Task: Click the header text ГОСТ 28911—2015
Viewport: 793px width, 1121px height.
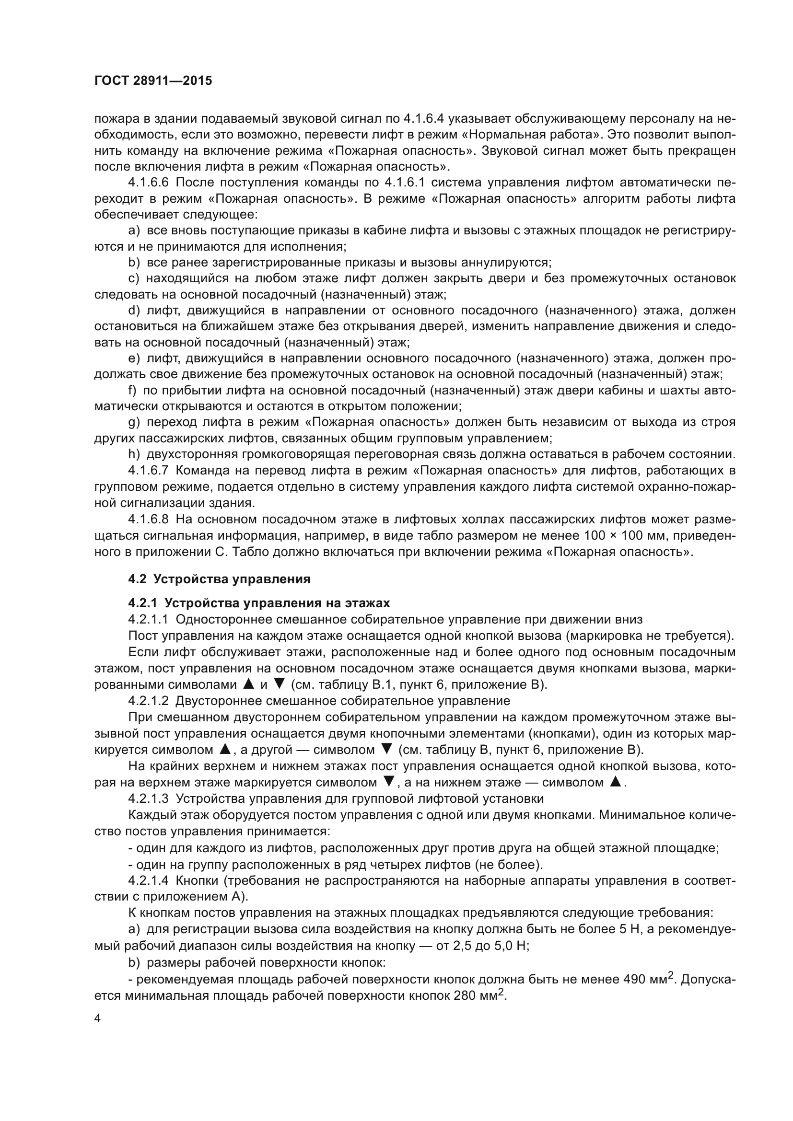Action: pos(153,81)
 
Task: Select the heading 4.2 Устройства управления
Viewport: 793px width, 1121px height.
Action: pos(219,579)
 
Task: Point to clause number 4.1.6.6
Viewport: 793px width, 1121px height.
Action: pos(148,183)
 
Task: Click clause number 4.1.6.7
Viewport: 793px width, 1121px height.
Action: pos(148,471)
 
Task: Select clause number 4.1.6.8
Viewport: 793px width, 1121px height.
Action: pos(148,520)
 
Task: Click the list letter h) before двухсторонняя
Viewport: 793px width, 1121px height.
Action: pos(134,454)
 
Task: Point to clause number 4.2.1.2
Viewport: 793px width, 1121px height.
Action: pos(148,701)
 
